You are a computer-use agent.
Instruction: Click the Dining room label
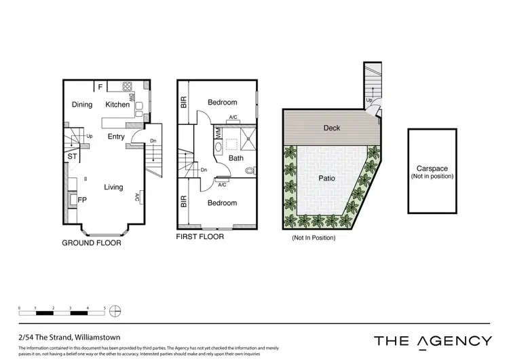coord(82,105)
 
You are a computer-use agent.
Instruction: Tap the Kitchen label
coord(117,105)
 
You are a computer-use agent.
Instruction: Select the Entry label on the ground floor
coord(116,137)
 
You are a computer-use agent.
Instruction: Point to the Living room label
coord(113,187)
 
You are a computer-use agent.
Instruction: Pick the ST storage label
coord(71,157)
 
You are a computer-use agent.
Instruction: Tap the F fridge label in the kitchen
coord(100,87)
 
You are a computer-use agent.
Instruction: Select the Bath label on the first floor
coord(235,158)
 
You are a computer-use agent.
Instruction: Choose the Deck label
coord(332,128)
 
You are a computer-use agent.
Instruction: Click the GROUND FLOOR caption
coord(91,242)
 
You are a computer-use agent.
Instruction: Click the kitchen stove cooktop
coord(127,86)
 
